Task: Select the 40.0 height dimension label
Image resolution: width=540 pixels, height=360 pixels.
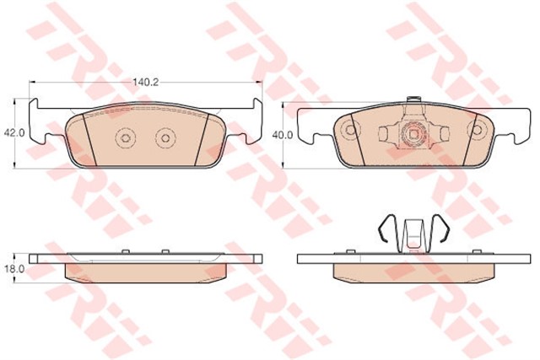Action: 283,135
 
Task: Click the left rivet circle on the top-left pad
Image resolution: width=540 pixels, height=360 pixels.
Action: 125,138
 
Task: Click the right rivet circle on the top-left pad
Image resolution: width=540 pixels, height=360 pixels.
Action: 165,138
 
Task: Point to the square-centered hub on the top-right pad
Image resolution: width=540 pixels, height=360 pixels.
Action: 413,132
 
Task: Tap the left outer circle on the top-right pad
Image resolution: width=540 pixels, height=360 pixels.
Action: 350,130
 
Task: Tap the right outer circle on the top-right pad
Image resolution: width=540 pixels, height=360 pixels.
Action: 477,130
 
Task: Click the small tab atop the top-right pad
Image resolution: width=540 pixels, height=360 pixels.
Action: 413,99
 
